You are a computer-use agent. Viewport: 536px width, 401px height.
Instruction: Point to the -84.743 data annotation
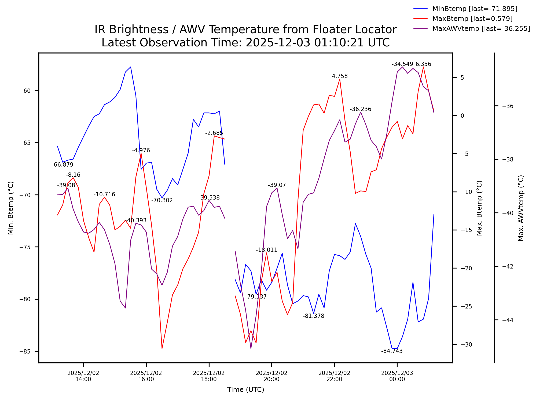point(392,351)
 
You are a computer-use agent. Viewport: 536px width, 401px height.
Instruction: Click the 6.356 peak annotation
point(423,64)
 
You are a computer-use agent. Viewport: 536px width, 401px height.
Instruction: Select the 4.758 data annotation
point(340,76)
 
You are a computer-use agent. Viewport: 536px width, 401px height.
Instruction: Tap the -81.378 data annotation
point(313,316)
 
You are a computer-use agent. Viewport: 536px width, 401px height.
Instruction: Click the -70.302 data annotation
point(162,200)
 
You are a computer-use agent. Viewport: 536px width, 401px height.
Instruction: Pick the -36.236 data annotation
point(360,109)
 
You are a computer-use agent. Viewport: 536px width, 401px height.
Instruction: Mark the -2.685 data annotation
point(214,133)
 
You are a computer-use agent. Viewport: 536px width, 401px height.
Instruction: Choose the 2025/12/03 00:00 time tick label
point(397,376)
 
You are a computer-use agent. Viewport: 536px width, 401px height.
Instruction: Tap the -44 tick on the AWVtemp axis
point(508,320)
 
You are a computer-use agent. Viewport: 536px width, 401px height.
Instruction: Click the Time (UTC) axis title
point(245,390)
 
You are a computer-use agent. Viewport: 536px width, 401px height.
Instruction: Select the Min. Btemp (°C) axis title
point(11,208)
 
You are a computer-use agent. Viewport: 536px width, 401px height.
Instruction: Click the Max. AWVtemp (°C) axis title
point(521,208)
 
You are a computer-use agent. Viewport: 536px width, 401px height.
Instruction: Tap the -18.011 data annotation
point(266,250)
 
